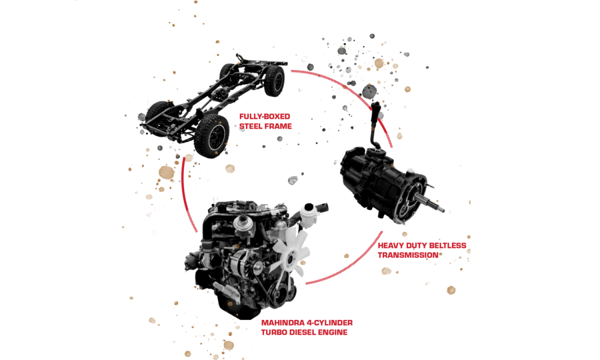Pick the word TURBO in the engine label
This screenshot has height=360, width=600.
(x=274, y=332)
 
